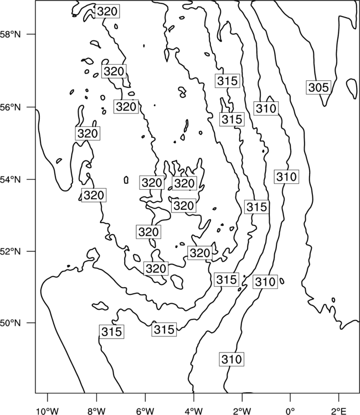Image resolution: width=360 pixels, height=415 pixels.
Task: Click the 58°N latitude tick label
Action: (11, 34)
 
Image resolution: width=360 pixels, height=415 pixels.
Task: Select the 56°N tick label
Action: (11, 107)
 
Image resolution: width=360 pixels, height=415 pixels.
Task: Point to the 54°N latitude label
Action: (11, 180)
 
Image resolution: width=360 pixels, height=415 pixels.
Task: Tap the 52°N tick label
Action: (11, 251)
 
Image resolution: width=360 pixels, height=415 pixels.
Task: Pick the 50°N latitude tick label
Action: (11, 323)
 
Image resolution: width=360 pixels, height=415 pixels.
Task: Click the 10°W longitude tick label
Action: (48, 411)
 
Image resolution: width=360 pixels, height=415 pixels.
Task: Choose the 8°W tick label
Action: (96, 411)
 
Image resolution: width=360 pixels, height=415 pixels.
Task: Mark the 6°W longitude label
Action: (145, 411)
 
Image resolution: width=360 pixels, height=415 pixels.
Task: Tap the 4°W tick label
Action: (194, 411)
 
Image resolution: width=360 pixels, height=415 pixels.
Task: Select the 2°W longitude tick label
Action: (242, 411)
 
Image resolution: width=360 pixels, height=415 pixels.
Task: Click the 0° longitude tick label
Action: (291, 411)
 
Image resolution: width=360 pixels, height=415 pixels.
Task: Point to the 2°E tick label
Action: (339, 411)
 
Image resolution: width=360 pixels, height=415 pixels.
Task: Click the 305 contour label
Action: (318, 87)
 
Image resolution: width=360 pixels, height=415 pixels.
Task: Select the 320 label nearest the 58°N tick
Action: (107, 12)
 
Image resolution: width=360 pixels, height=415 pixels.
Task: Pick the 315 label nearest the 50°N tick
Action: (111, 331)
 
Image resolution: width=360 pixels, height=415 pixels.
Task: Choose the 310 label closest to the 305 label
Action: (266, 108)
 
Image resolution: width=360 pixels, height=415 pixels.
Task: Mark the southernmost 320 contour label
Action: (156, 268)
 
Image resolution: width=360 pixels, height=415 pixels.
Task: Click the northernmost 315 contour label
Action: (228, 81)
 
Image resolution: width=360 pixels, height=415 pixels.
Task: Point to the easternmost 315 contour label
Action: (256, 207)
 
